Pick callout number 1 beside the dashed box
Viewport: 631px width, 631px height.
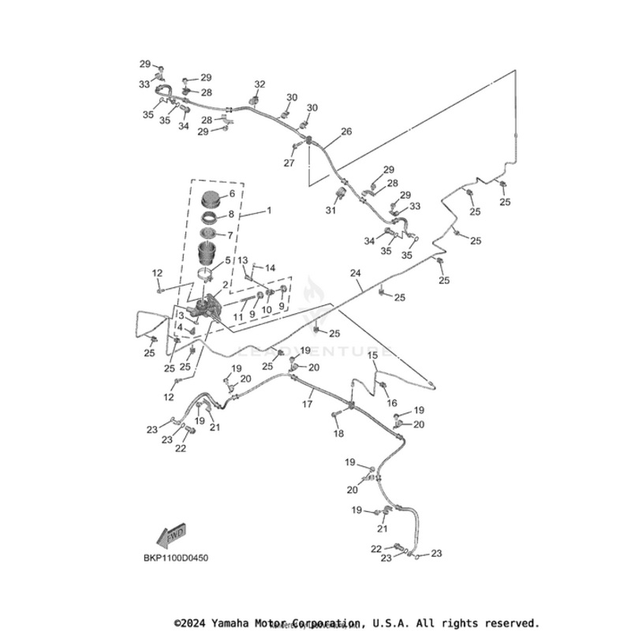(x=268, y=211)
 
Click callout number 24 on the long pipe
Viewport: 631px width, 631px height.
(x=356, y=274)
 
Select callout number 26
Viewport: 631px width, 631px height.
(x=345, y=132)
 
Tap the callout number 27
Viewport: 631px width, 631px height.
(x=289, y=163)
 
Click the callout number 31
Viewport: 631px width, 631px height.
(x=330, y=211)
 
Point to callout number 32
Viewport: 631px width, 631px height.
(x=259, y=84)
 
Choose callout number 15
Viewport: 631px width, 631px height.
(x=373, y=356)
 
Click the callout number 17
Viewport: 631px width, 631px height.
(x=308, y=404)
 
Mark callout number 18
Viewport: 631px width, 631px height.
(x=338, y=435)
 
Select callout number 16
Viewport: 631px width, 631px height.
(x=392, y=403)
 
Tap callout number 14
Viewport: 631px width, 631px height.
(x=269, y=268)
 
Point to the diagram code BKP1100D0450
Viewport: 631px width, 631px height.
(x=176, y=558)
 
